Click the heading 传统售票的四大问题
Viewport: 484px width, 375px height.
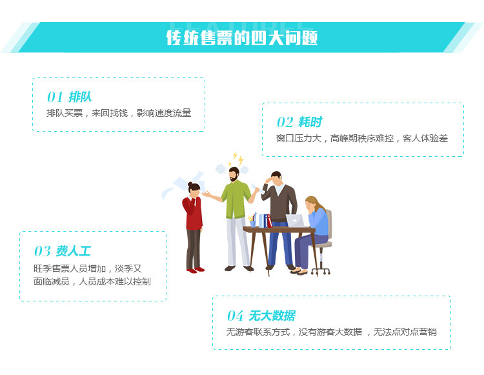pos(242,37)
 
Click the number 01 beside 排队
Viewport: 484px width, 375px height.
pos(55,97)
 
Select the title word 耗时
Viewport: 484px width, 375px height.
pos(310,123)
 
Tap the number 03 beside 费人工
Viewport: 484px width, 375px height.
pos(42,251)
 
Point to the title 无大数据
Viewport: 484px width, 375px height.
pos(272,316)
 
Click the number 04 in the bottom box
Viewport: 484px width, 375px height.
pos(235,316)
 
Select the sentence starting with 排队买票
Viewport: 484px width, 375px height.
pos(119,113)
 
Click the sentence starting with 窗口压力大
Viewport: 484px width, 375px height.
pos(361,138)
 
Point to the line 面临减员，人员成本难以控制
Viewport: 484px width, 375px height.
pos(92,281)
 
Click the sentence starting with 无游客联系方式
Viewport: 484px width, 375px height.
pos(331,332)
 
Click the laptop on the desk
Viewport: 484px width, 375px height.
pos(295,221)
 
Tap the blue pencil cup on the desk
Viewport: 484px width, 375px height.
pos(253,223)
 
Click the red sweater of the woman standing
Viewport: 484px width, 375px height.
pos(193,213)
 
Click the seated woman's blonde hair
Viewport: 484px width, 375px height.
pos(313,202)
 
